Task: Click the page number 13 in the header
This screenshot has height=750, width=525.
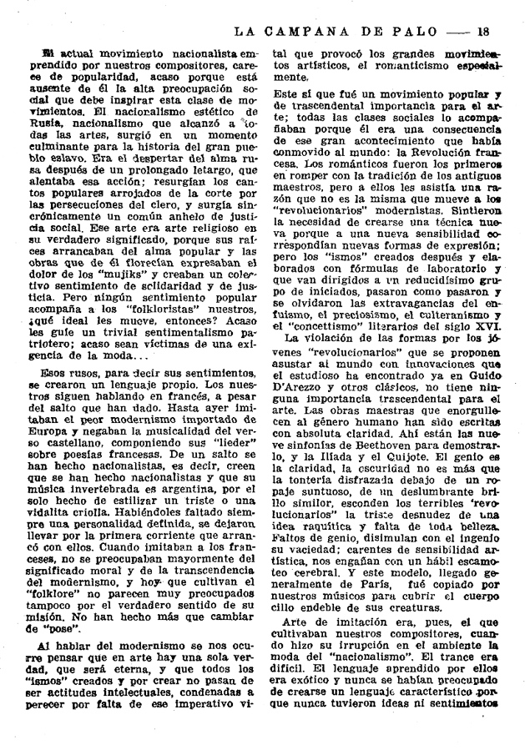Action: (482, 33)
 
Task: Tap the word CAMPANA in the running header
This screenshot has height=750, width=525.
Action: (318, 33)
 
